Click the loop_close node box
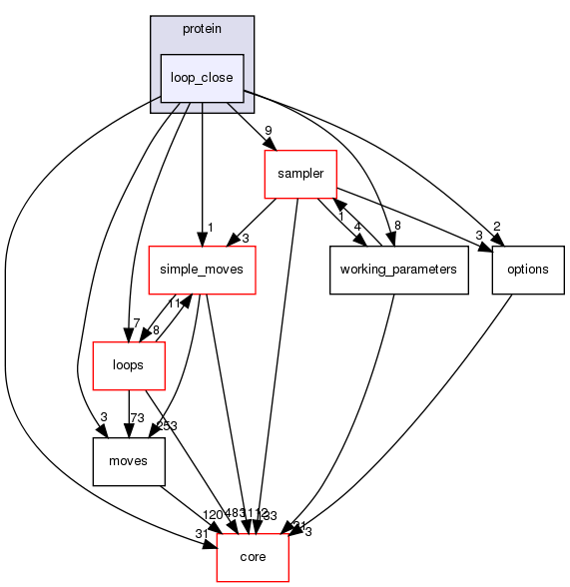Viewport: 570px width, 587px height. [202, 78]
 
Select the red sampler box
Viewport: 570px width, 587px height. [299, 174]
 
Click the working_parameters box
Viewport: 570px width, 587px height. [398, 270]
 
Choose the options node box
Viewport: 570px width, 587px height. [521, 270]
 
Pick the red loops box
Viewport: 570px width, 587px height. [128, 365]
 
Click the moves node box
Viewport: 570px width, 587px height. [128, 461]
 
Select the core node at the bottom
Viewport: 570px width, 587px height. [254, 556]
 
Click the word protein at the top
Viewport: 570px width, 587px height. [202, 28]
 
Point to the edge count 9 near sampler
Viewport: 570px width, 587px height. [269, 130]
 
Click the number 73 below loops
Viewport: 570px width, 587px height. [138, 417]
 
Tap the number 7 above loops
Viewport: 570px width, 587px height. [107, 321]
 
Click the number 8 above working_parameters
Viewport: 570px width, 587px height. [398, 226]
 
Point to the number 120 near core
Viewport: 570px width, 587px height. [213, 514]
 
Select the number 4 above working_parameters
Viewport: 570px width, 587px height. [357, 226]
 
